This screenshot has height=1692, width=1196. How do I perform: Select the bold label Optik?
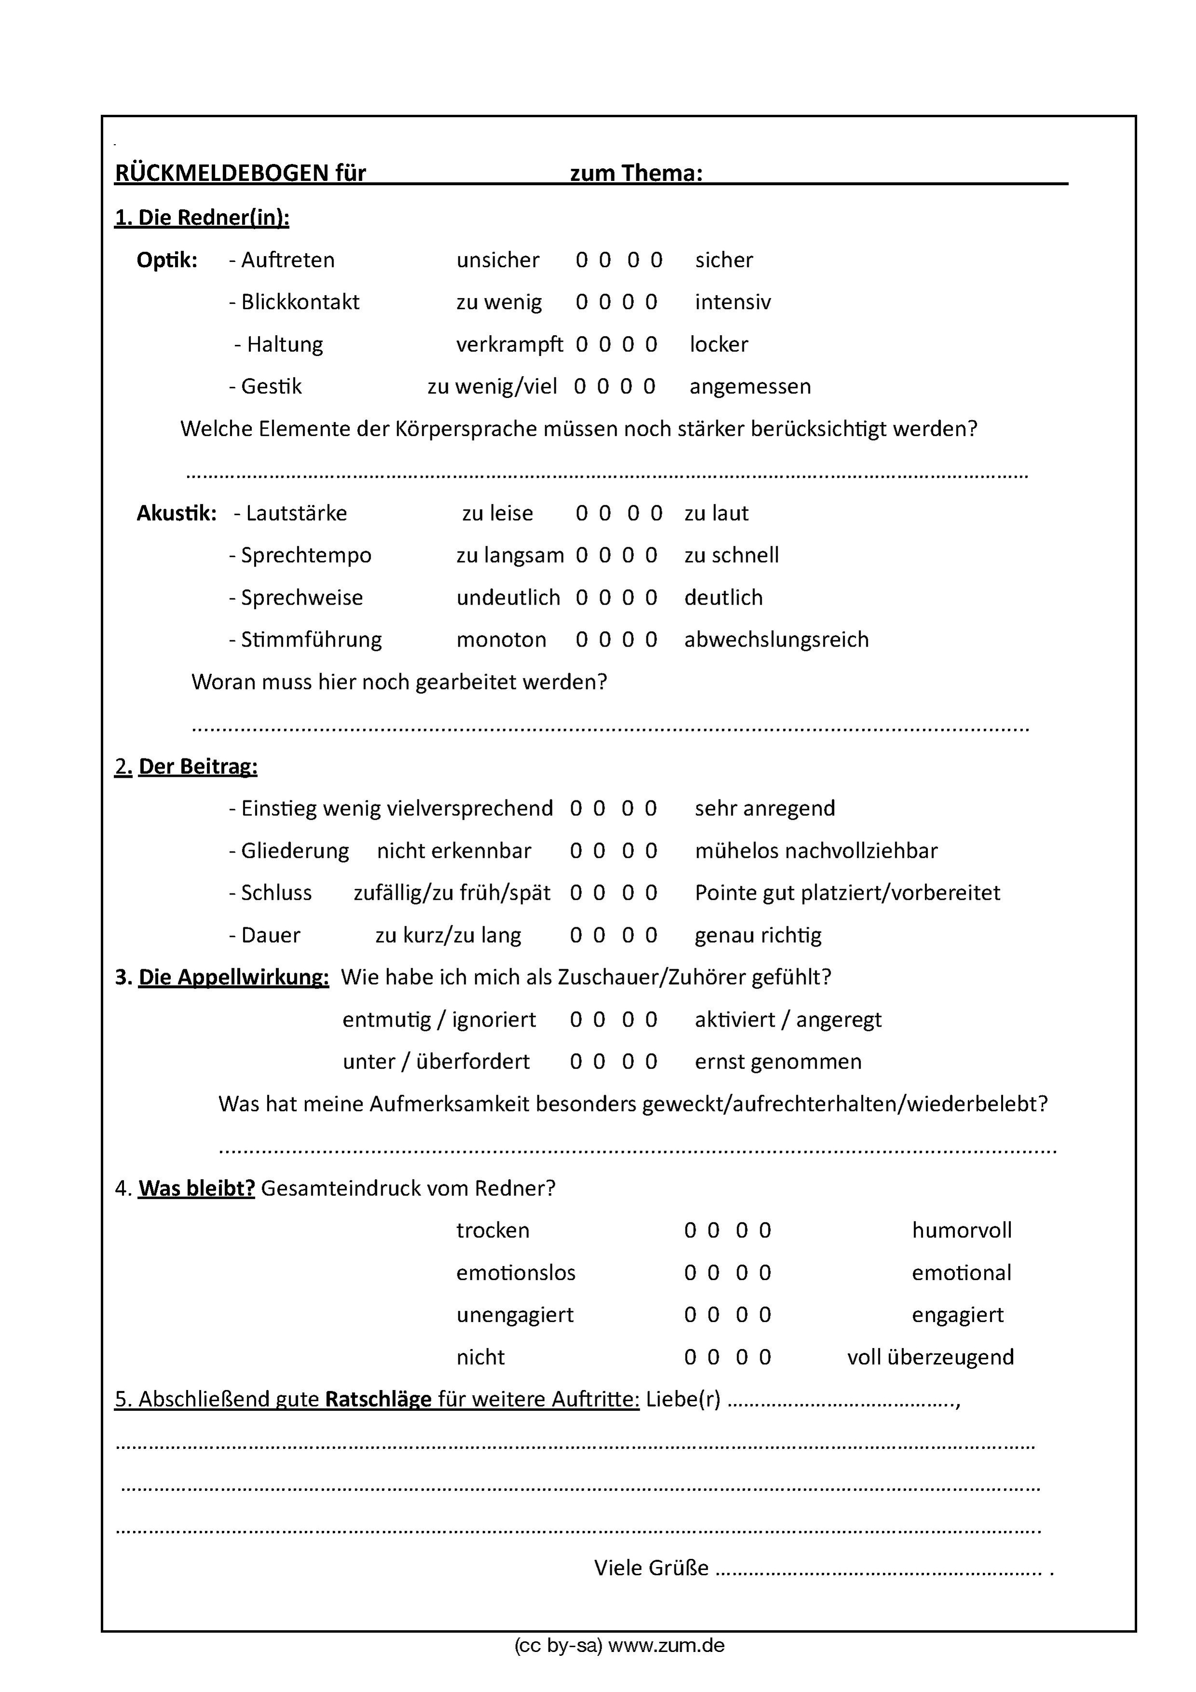(166, 260)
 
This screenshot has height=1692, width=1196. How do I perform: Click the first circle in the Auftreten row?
(581, 260)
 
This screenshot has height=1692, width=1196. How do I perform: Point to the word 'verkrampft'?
(509, 344)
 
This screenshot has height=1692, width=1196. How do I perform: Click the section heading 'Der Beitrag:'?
(197, 767)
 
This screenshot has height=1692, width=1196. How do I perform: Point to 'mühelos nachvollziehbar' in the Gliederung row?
(816, 851)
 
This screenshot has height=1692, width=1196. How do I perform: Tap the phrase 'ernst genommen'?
(777, 1061)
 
